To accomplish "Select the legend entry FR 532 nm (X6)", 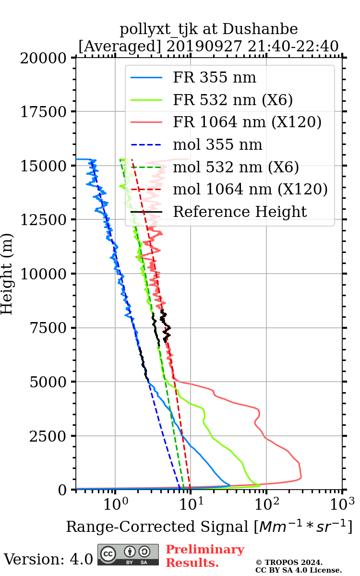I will [x=233, y=100].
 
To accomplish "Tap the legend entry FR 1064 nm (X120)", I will [x=247, y=122].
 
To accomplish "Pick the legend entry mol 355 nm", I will [x=217, y=144].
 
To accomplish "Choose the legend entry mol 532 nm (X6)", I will [x=236, y=167].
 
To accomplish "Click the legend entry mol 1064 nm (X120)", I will [x=250, y=189].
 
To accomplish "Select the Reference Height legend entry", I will [x=240, y=212].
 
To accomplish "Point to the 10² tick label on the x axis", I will [x=266, y=503].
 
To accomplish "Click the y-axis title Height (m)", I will [x=7, y=274].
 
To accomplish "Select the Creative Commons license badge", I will [x=128, y=555].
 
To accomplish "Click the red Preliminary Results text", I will [x=204, y=556].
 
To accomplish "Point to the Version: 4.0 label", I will [x=48, y=559].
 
